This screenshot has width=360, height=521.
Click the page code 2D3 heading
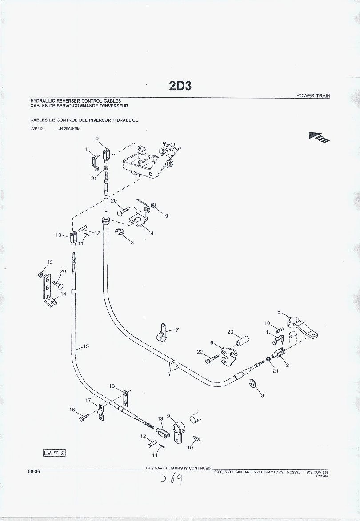click(180, 85)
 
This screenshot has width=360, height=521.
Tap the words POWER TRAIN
click(313, 96)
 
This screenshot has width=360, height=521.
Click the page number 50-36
click(34, 472)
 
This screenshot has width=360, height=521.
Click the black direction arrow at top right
click(319, 138)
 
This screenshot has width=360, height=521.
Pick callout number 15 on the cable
click(86, 346)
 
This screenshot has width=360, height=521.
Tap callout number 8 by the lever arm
click(279, 312)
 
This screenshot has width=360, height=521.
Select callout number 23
click(230, 332)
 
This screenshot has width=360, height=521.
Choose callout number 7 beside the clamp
click(177, 330)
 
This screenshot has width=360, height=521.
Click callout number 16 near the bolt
click(72, 410)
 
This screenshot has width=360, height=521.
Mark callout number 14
click(64, 294)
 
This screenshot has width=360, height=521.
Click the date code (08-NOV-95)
click(318, 472)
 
